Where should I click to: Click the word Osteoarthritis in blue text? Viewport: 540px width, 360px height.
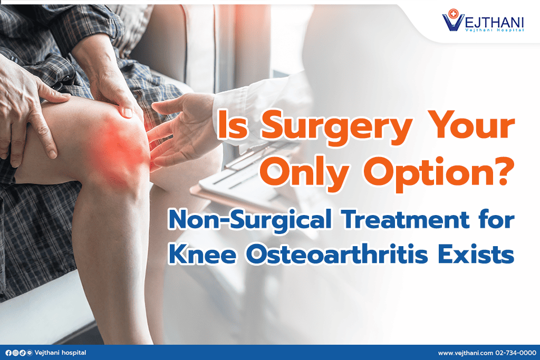pos(337,255)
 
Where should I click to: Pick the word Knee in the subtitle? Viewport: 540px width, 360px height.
pos(202,255)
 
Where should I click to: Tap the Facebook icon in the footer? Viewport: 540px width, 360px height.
pos(8,353)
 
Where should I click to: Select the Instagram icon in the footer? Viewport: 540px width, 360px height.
pos(15,353)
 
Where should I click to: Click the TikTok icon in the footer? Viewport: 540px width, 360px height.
pos(22,353)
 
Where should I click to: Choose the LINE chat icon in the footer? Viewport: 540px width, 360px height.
pos(30,353)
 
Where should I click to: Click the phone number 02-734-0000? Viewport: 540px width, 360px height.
pos(516,353)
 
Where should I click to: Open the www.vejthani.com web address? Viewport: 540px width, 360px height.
pos(466,353)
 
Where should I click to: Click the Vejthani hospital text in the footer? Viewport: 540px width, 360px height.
pos(61,353)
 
